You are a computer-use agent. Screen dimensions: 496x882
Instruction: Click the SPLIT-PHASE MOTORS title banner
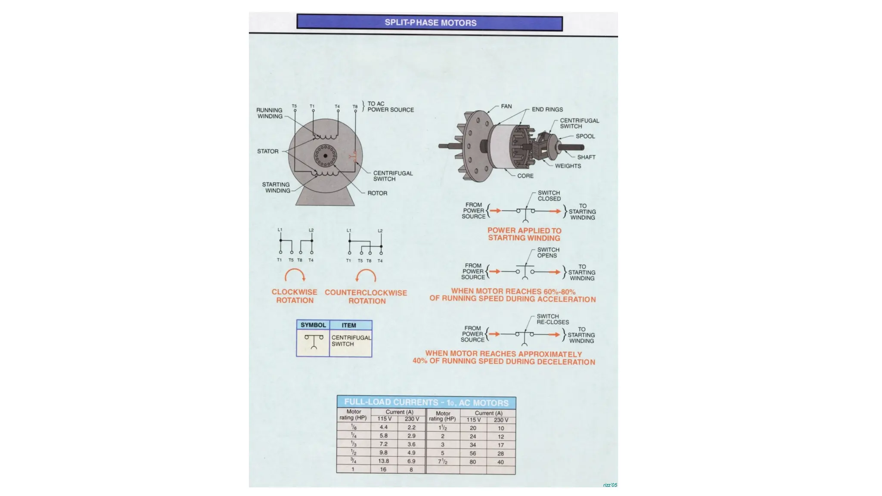pos(430,23)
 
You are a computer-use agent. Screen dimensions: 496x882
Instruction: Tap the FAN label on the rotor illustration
pos(506,106)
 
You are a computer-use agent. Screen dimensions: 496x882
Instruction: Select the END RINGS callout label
pos(547,110)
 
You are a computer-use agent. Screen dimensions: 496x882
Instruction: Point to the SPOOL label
pos(585,136)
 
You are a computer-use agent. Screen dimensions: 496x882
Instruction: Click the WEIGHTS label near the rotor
pos(568,166)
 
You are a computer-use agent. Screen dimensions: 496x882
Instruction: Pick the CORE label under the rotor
pos(525,176)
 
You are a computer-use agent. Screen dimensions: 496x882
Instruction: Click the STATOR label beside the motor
pos(267,152)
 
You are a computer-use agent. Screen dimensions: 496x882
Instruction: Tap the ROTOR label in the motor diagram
pos(377,193)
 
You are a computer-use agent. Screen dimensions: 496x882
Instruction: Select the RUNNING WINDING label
pos(270,113)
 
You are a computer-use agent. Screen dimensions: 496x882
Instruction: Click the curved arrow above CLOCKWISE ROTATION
pos(295,275)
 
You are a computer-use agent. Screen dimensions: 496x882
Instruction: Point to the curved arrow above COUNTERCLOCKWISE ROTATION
pos(366,276)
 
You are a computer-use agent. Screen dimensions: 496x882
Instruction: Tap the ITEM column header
pos(349,325)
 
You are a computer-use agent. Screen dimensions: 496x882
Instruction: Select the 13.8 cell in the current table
pos(383,461)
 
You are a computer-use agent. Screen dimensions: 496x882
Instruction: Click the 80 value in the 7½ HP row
pos(473,462)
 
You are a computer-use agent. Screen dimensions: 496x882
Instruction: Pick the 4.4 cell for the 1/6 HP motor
pos(383,428)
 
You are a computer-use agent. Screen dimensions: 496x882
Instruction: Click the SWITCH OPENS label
pos(548,253)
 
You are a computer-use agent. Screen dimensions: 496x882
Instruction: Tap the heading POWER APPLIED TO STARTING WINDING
pos(524,234)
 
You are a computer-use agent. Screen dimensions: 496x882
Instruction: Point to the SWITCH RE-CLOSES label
pos(552,319)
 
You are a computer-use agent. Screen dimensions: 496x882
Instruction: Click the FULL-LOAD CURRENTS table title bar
pos(426,403)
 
